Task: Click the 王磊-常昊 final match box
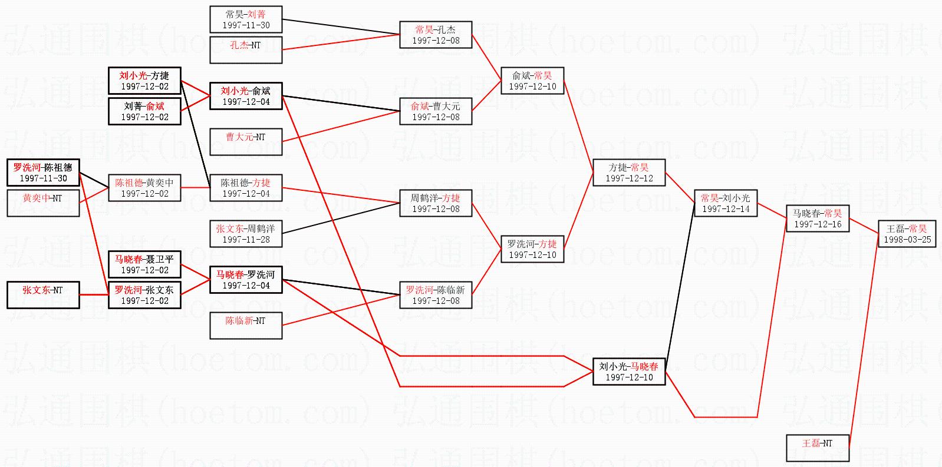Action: pyautogui.click(x=907, y=234)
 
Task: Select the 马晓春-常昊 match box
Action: pyautogui.click(x=817, y=218)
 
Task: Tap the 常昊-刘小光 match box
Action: pyautogui.click(x=725, y=203)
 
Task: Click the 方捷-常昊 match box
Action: pyautogui.click(x=629, y=173)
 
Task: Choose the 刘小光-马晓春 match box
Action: pyautogui.click(x=629, y=372)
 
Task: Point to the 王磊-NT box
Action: pyautogui.click(x=817, y=448)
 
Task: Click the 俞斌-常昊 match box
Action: pyautogui.click(x=532, y=81)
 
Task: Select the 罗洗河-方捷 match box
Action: pyautogui.click(x=532, y=249)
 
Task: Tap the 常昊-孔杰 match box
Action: pyautogui.click(x=436, y=35)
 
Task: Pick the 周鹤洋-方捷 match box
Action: pyautogui.click(x=436, y=203)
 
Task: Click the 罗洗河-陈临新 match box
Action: pyautogui.click(x=436, y=295)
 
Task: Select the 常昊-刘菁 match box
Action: pyautogui.click(x=246, y=19)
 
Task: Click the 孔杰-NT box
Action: pyautogui.click(x=246, y=50)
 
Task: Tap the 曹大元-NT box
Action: pyautogui.click(x=246, y=142)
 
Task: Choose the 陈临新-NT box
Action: pyautogui.click(x=246, y=326)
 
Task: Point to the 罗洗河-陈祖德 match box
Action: pyautogui.click(x=43, y=173)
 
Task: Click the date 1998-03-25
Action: pyautogui.click(x=907, y=240)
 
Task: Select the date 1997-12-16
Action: pyautogui.click(x=817, y=224)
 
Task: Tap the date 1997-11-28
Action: pyautogui.click(x=246, y=240)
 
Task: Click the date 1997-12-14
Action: pyautogui.click(x=725, y=209)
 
